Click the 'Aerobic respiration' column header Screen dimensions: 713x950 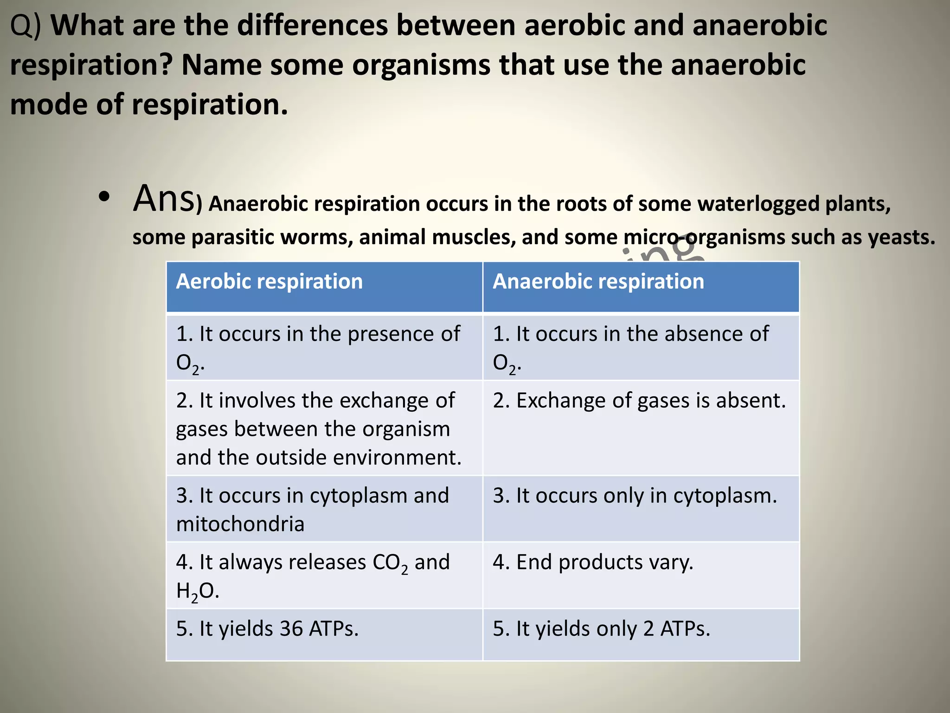pos(269,282)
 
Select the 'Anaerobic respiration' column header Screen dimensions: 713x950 pos(598,282)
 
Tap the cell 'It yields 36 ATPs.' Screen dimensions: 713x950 pos(267,629)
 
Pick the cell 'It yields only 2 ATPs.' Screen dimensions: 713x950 pos(601,629)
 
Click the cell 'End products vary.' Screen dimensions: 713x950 pos(593,563)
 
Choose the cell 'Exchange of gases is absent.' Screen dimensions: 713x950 pos(639,401)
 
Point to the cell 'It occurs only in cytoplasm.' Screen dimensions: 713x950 pos(635,496)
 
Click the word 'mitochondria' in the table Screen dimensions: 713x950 pos(240,525)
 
